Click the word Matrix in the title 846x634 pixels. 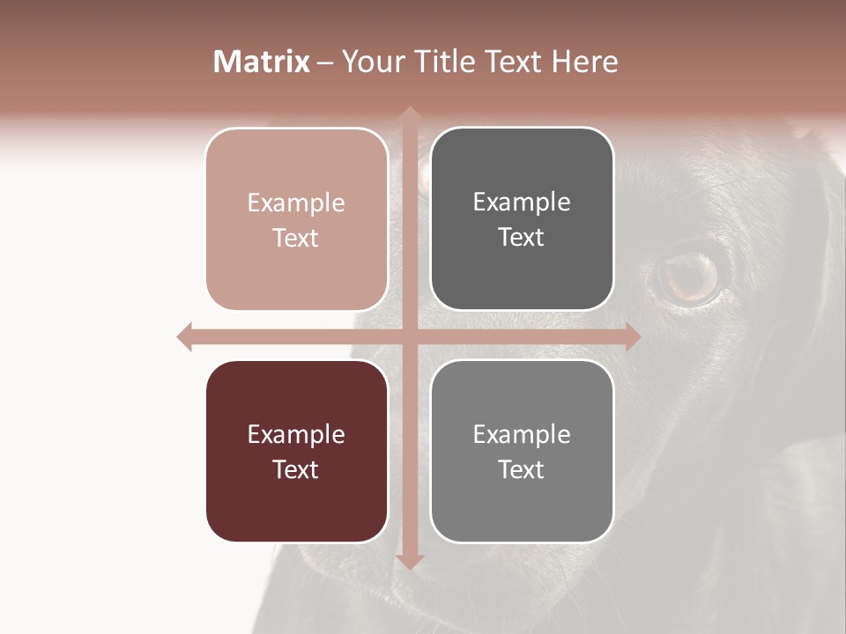[262, 62]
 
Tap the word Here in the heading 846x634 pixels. [584, 62]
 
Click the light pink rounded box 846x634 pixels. [297, 219]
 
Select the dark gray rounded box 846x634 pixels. [522, 219]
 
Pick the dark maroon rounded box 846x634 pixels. [297, 451]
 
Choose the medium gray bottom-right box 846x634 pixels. [522, 451]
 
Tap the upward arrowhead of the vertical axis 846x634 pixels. [409, 114]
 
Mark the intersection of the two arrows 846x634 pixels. [409, 336]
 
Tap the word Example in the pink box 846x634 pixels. [296, 203]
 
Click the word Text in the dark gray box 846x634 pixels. [521, 238]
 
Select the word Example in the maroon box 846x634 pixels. [296, 435]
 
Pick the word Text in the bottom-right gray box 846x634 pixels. [521, 469]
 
